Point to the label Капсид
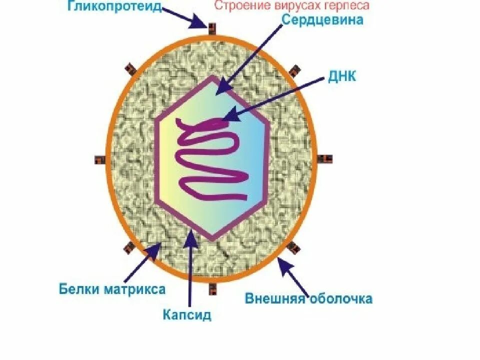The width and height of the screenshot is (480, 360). point(187,315)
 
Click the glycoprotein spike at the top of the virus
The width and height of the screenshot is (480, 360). point(212,28)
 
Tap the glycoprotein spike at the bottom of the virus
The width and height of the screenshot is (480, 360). point(213,288)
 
